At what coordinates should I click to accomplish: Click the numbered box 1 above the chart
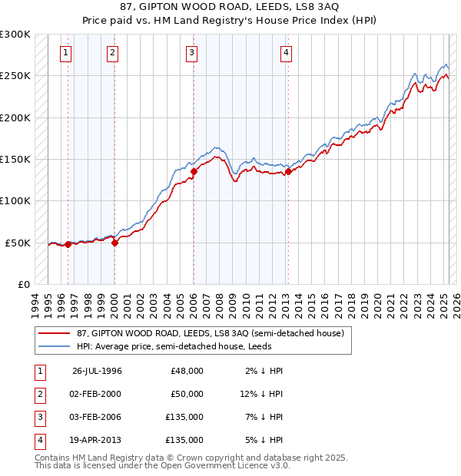point(66,53)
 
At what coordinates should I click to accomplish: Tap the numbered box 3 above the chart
point(191,53)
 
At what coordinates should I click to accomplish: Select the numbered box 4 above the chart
point(286,53)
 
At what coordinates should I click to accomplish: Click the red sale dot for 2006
point(194,172)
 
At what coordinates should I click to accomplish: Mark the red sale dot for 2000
point(114,243)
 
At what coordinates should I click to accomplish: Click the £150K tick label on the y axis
point(15,159)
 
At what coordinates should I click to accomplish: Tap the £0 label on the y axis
point(22,284)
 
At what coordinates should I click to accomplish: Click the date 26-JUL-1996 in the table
point(97,371)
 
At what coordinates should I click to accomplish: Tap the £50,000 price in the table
point(187,394)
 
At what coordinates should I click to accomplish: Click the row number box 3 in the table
point(38,417)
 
